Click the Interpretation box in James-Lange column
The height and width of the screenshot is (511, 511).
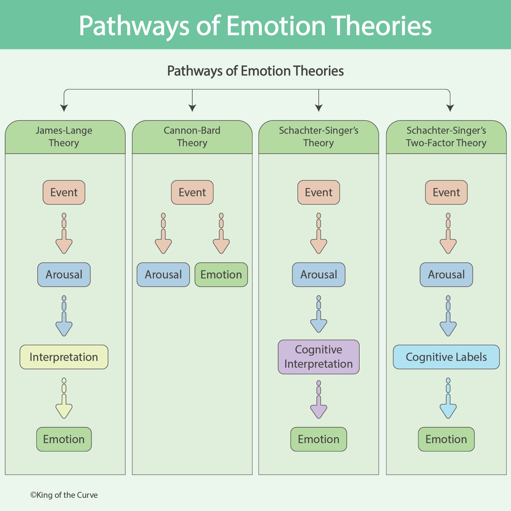pos(64,357)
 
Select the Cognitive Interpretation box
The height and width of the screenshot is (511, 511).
pos(318,357)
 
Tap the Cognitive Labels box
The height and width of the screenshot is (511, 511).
pos(446,357)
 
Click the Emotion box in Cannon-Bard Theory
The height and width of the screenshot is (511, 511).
pos(221,275)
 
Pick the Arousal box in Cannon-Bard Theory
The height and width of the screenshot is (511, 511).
pos(163,275)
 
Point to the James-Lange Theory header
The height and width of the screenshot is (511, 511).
pos(64,137)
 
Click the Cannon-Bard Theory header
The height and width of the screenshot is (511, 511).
pos(192,137)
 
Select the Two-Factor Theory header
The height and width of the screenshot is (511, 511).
pos(446,137)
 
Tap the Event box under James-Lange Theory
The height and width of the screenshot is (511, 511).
pos(64,192)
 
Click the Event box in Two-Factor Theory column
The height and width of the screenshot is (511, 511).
pos(446,192)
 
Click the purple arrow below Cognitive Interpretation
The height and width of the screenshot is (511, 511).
pos(318,408)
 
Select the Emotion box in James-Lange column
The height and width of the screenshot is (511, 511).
pos(64,439)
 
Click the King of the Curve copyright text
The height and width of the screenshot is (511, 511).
pos(64,495)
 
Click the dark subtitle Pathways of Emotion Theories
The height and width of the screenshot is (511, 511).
pos(255,71)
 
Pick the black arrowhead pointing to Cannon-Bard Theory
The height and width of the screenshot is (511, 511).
pos(192,108)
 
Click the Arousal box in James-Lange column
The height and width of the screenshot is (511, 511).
pos(64,275)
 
